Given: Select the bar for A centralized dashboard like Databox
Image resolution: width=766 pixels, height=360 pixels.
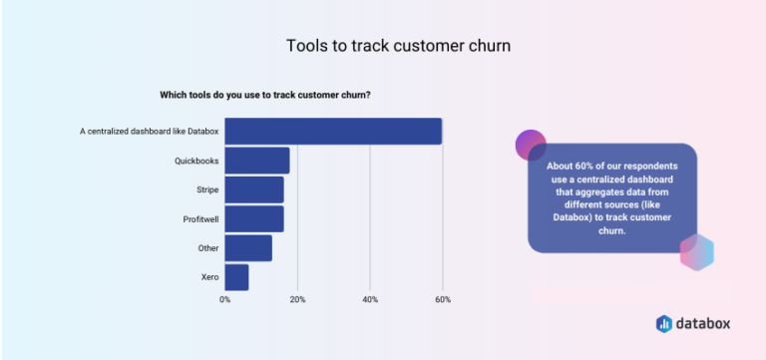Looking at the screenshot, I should click(x=333, y=131).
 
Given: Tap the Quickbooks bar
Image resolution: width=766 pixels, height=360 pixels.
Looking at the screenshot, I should click(x=257, y=160).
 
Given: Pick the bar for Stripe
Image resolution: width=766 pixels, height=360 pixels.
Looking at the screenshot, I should click(x=254, y=189).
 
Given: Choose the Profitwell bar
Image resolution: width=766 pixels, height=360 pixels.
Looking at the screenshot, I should click(x=254, y=218).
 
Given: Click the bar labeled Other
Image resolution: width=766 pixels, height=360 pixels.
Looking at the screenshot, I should click(x=248, y=247).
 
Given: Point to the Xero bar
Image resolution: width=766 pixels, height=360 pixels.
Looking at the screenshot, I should click(x=236, y=276).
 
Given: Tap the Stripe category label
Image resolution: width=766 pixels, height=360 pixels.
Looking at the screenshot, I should click(x=207, y=189).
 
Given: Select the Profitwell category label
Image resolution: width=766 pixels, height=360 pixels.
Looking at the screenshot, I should click(x=199, y=218).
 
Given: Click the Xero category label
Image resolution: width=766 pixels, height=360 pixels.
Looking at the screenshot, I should click(x=209, y=276).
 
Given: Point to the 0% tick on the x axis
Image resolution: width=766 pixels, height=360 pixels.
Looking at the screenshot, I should click(x=225, y=299).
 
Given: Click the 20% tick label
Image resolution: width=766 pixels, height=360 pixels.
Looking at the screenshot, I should click(x=297, y=299).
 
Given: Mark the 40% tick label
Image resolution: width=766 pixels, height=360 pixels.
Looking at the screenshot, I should click(x=370, y=299).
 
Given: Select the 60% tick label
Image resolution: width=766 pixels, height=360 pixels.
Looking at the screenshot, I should click(x=443, y=299).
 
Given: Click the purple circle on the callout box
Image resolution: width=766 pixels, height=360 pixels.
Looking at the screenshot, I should click(x=531, y=145).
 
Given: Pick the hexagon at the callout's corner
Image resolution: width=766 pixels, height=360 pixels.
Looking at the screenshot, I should click(x=696, y=252).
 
